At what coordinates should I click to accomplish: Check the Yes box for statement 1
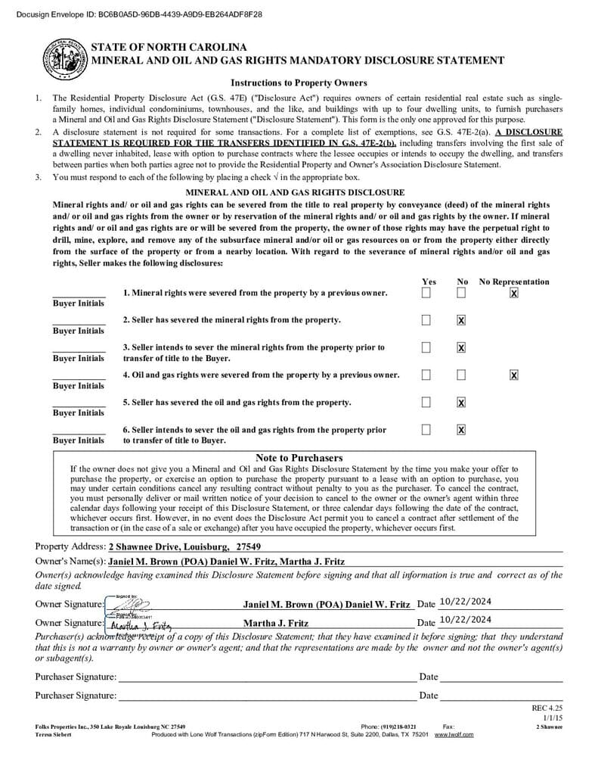426,293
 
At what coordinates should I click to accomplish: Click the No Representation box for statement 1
514,293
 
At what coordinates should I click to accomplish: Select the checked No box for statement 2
461,320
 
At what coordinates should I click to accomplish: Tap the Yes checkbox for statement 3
426,347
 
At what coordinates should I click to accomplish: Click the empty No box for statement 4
461,375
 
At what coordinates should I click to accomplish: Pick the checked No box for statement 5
461,402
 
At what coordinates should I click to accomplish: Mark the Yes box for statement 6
426,429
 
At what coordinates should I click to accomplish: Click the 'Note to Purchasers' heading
299,458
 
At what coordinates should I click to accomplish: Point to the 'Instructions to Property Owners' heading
299,83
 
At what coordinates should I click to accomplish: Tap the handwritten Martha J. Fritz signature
141,625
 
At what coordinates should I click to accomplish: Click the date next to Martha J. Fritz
465,620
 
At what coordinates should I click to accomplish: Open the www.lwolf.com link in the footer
454,735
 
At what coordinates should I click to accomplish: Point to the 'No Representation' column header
514,282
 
